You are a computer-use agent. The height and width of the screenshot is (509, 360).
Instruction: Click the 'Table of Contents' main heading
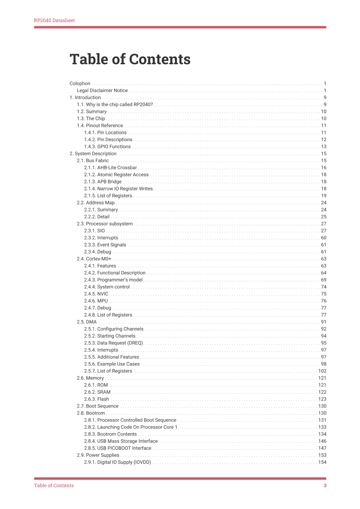click(130, 59)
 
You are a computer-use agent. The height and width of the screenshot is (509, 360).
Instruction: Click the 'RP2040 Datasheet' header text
click(54, 20)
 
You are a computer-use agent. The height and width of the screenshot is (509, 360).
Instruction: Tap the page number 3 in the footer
click(325, 486)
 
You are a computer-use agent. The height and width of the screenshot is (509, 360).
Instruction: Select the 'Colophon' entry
click(80, 83)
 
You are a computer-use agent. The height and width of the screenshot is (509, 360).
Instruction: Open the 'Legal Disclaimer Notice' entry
click(102, 90)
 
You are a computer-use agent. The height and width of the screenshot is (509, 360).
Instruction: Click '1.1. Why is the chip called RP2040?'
click(115, 104)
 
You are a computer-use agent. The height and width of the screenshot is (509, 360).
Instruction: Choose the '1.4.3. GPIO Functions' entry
click(107, 146)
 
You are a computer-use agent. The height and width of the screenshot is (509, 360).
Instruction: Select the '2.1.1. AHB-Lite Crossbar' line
click(110, 167)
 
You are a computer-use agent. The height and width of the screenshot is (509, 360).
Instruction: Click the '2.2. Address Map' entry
click(96, 202)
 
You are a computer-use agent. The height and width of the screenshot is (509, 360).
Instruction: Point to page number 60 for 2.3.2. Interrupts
click(324, 238)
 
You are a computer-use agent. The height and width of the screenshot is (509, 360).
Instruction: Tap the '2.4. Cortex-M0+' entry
click(94, 259)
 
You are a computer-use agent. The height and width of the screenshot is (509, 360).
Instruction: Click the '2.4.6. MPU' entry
click(96, 301)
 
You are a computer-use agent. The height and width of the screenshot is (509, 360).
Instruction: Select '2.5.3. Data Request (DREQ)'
click(113, 343)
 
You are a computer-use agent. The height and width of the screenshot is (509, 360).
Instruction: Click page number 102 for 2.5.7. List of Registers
click(322, 371)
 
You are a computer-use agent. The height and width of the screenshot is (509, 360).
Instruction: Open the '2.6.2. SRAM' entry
click(97, 392)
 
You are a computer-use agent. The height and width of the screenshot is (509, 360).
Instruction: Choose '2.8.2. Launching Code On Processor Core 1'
click(131, 427)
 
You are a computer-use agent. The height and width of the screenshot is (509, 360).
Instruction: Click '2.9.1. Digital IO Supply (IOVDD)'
click(117, 462)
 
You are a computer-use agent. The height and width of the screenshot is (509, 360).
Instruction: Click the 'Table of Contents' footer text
click(54, 486)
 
